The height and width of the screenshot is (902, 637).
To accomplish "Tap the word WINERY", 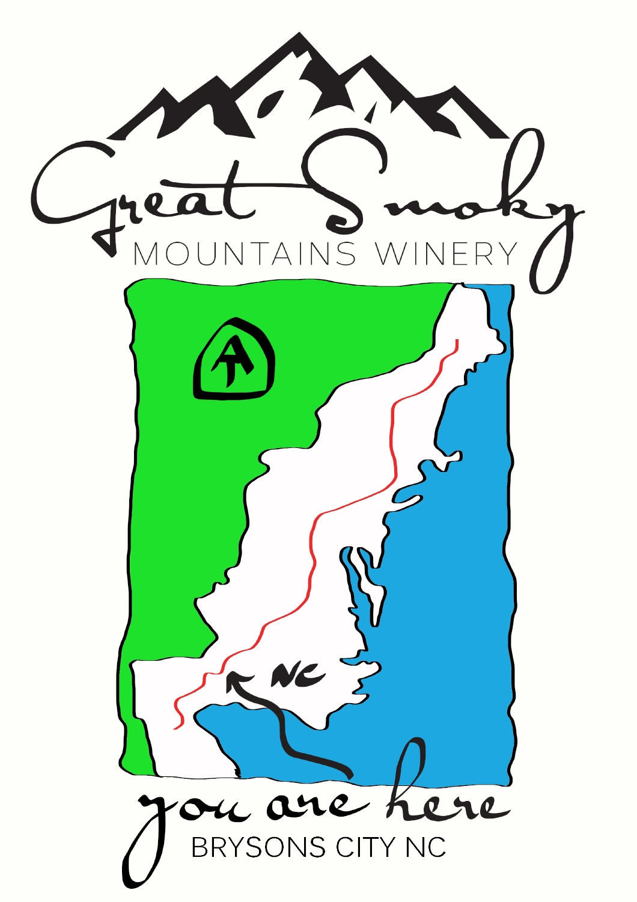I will coord(446,254).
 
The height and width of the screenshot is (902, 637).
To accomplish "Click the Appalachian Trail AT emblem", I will coord(234,361).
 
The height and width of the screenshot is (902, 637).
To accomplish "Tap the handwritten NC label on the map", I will coord(297,677).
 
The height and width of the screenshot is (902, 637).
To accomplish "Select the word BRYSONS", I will coord(258,848).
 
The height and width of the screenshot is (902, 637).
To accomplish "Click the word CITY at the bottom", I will coord(367,848).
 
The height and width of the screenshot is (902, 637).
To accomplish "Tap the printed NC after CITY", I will coord(425,848).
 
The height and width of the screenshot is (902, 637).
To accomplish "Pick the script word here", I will coord(445,794).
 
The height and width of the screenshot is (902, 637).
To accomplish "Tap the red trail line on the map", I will coord(394,433).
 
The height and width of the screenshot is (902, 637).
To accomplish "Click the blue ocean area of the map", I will coord(457,601).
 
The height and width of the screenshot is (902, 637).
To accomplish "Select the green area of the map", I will coord(180,481).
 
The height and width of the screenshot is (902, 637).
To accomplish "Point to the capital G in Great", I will coord(66,186).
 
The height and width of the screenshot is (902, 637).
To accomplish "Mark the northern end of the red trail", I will coord(457,342).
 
